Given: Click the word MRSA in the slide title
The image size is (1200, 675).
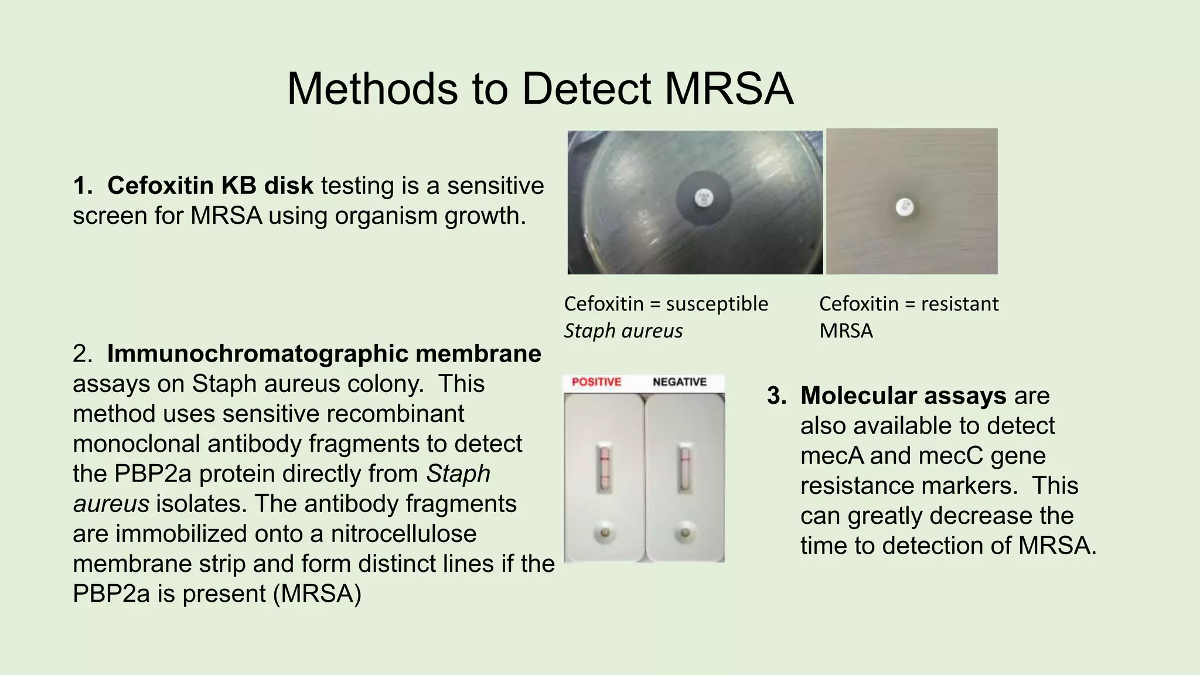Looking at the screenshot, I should [x=729, y=89].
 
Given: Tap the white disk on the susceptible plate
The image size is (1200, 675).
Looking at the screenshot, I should [x=704, y=197].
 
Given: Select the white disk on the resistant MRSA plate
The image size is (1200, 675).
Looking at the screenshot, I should [x=904, y=206].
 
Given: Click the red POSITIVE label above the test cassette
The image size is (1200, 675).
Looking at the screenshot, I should [x=596, y=382].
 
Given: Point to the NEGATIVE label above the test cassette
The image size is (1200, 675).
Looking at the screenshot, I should [x=680, y=382].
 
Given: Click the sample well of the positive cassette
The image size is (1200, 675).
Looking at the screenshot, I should [x=605, y=533].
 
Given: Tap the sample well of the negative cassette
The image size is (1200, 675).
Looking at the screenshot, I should [x=684, y=533].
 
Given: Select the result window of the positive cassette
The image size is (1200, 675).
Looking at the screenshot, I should [x=605, y=468].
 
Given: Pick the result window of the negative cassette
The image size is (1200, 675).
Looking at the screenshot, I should [x=684, y=468].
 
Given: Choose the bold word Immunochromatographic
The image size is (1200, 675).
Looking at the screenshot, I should [x=257, y=354].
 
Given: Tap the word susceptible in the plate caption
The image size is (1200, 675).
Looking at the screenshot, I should [x=717, y=304].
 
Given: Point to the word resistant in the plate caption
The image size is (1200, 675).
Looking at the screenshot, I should [x=959, y=304].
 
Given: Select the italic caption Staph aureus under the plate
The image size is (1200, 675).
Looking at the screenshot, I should [x=623, y=331].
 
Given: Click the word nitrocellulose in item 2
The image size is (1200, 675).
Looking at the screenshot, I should [x=403, y=534].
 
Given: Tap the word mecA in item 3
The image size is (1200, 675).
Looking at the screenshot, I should [x=831, y=456].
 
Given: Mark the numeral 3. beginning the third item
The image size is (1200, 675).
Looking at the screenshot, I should [x=777, y=396].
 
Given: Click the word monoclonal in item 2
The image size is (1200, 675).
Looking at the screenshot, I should [x=137, y=444].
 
